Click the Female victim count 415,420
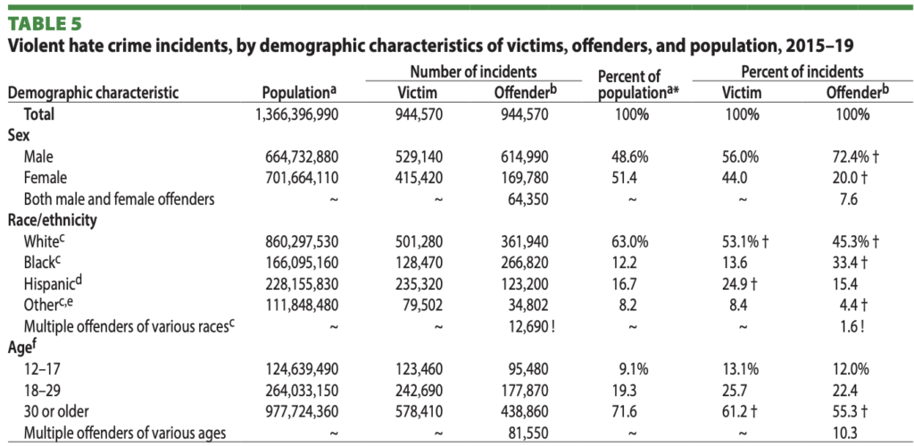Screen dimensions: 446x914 [423, 177]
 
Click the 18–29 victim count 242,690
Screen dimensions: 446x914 [423, 391]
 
